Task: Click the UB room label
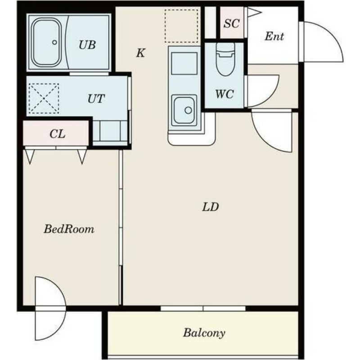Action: [87, 45]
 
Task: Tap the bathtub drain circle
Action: [54, 42]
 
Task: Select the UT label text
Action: [96, 99]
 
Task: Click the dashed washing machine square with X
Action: [44, 99]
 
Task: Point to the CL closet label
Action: [58, 134]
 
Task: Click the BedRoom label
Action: [69, 229]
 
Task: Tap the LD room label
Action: [210, 207]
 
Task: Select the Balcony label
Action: [204, 333]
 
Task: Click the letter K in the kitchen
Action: [140, 53]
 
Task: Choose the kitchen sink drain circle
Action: [188, 110]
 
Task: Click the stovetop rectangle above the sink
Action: [184, 63]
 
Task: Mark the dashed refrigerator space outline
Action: [181, 26]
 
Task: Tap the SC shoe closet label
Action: [232, 23]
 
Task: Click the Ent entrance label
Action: [274, 36]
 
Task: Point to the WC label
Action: [224, 94]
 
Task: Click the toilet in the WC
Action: [225, 59]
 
